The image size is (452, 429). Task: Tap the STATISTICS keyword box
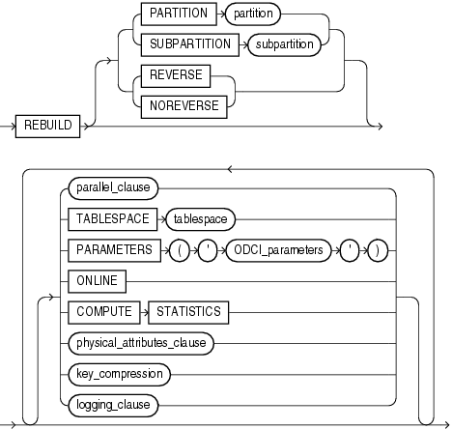pyautogui.click(x=187, y=311)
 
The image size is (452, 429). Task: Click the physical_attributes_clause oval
pyautogui.click(x=146, y=341)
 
